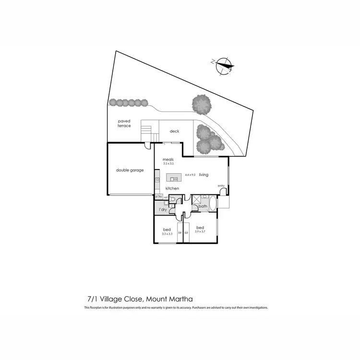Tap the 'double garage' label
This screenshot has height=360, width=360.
[x=130, y=170]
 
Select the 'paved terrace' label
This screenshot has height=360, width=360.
[x=124, y=124]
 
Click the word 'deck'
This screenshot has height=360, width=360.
[x=174, y=131]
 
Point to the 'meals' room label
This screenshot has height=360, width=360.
[x=168, y=159]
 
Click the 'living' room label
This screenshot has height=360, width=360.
[x=204, y=175]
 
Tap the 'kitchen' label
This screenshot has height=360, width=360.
[x=172, y=189]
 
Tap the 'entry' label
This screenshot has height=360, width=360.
[x=221, y=186]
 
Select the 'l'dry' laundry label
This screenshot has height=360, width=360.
[x=163, y=210]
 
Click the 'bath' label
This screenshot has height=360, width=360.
[x=203, y=207]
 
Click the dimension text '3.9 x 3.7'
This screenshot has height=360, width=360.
[x=200, y=231]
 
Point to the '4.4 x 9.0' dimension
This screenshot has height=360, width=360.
[x=190, y=175]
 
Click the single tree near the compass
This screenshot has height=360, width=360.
[x=202, y=104]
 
